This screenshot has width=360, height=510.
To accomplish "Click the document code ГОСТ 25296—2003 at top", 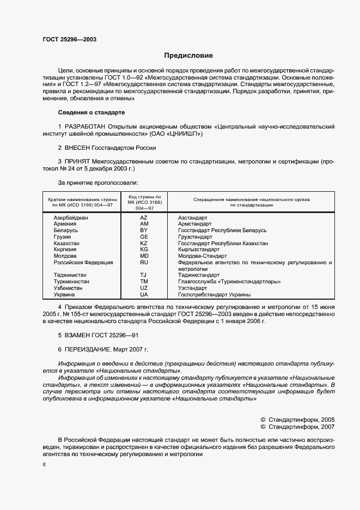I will click(69, 39).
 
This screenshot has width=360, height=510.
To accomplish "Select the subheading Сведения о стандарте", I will click(91, 112).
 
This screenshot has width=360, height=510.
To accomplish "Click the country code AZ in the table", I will click(144, 218).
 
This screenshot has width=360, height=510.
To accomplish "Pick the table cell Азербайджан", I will click(71, 218).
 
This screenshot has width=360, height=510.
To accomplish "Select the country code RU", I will click(144, 262).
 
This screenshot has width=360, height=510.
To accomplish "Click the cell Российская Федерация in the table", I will click(83, 262).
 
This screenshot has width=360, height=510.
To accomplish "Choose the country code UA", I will click(144, 294).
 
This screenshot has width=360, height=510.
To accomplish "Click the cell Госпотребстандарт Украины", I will click(214, 294).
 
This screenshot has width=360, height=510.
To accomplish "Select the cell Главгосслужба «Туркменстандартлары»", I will click(229, 282).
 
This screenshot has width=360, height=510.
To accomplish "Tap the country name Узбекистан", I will click(68, 288).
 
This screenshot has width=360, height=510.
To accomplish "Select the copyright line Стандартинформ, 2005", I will click(300, 420).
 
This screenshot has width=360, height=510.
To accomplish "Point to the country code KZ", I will click(144, 243).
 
